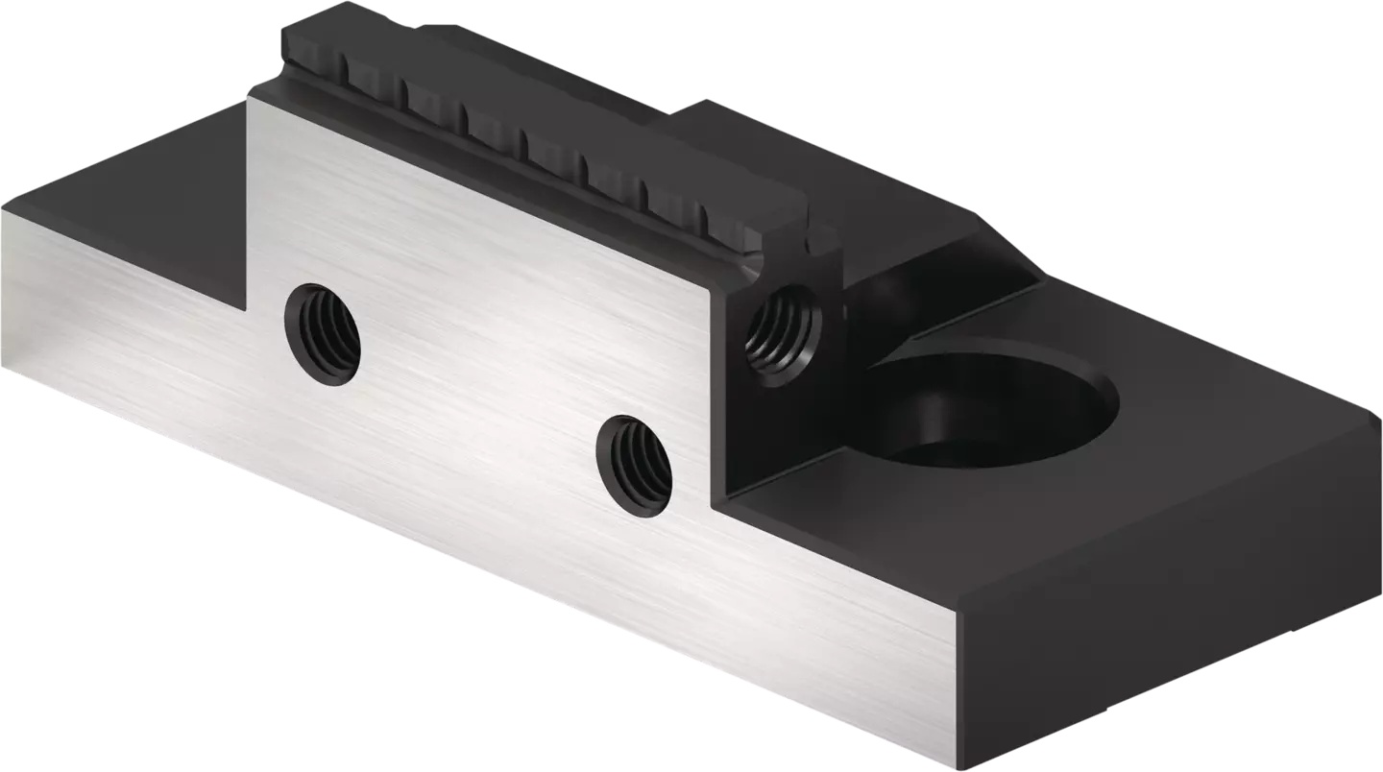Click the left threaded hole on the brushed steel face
(x=323, y=332)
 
